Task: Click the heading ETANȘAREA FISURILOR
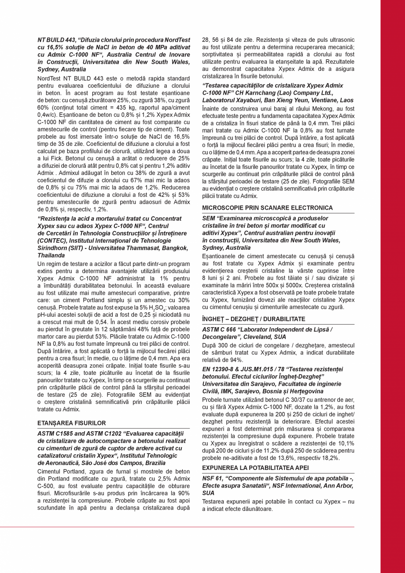pos(72,423)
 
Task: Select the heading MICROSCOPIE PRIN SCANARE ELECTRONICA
pos(267,208)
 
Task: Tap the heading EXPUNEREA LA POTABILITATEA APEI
pos(255,468)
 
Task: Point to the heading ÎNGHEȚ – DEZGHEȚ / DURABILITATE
pos(254,319)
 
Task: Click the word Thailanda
pos(52,255)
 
